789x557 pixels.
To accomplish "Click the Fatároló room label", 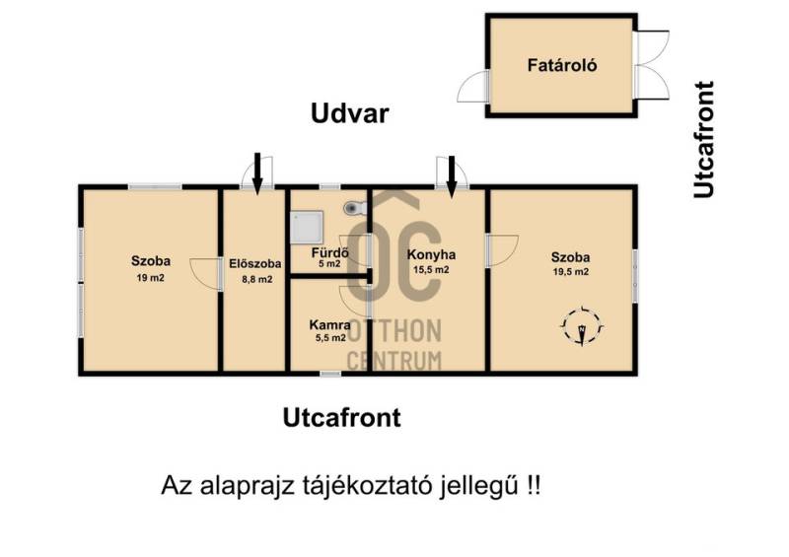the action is coord(562,65).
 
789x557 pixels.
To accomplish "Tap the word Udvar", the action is coord(350,113).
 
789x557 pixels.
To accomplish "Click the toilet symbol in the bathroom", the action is coord(356,207).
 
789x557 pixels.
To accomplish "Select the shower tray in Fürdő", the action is coord(307,227).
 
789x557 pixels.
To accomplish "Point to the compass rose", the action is coord(582,326).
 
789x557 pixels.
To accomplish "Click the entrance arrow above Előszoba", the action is coord(257,174).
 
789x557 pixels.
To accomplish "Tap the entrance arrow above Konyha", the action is coord(452,176).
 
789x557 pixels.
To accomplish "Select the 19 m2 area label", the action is coord(151,278).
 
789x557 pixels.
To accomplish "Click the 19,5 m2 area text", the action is coord(571,272).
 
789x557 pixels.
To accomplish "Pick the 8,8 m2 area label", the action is coord(257,279).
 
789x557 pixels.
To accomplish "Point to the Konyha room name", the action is coord(431,254).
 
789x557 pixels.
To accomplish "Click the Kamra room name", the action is coord(330,325).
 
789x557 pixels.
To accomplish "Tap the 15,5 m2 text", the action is coord(431,270).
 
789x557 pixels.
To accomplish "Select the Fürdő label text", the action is coord(330,252).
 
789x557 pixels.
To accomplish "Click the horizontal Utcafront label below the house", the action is coord(341,418).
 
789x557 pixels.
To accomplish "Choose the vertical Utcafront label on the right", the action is coord(704,139).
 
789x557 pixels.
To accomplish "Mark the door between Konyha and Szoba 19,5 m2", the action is coord(502,250).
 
